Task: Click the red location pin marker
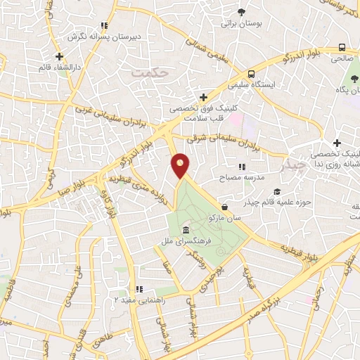(x=181, y=166)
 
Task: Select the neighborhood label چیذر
(x=292, y=166)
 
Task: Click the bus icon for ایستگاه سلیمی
(x=251, y=74)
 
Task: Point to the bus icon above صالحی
(x=342, y=47)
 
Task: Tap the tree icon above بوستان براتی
(x=241, y=12)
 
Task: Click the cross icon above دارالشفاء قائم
(x=60, y=56)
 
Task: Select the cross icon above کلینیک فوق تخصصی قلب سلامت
(x=203, y=97)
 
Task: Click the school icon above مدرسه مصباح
(x=242, y=167)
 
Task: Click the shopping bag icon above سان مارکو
(x=224, y=207)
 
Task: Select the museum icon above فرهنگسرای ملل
(x=185, y=231)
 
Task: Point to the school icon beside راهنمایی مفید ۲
(x=139, y=288)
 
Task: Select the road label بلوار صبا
(x=49, y=193)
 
